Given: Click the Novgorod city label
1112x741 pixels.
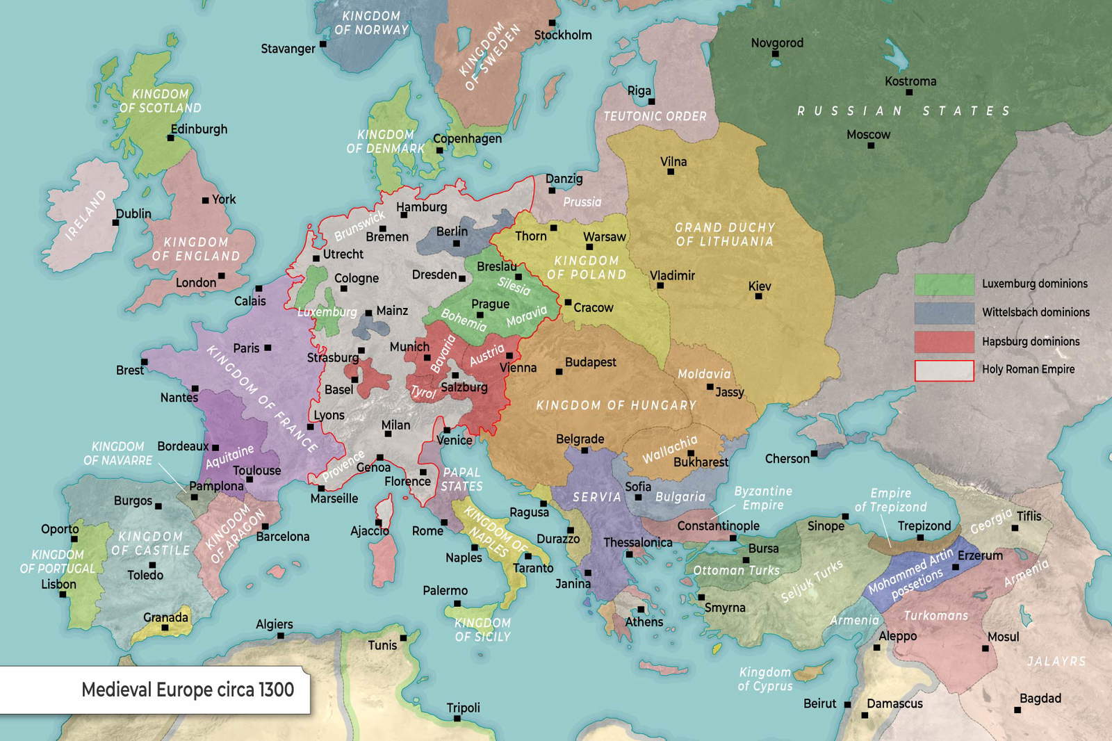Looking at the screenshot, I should (776, 43).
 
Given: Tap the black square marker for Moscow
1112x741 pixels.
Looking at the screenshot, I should (870, 145).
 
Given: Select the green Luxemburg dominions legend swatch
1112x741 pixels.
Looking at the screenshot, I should (944, 284).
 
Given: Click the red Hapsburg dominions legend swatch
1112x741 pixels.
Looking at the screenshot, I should (944, 342).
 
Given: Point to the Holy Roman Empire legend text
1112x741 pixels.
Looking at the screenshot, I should (1028, 370).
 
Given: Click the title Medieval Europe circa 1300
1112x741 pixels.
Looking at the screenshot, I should (188, 690).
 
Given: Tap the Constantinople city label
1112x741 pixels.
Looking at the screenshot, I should (718, 526).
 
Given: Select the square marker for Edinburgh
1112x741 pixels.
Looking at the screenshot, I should (170, 138).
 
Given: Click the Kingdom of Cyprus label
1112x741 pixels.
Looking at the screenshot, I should (764, 679).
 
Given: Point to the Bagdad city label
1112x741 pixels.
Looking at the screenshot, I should (1040, 699).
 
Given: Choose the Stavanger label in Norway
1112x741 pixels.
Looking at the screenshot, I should (288, 49).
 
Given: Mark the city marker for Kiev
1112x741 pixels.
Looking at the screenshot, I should (758, 297).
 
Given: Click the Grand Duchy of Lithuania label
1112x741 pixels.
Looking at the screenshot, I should (724, 234).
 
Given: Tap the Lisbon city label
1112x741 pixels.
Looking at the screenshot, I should (58, 585).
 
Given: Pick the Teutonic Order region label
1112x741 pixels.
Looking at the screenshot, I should (654, 117).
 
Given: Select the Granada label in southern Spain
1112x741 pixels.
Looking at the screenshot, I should (165, 617).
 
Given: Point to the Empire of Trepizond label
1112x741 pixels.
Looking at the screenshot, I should (890, 500).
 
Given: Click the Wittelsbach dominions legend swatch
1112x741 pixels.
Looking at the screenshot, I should (944, 313).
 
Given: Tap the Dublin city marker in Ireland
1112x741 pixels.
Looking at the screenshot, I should (115, 223).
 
